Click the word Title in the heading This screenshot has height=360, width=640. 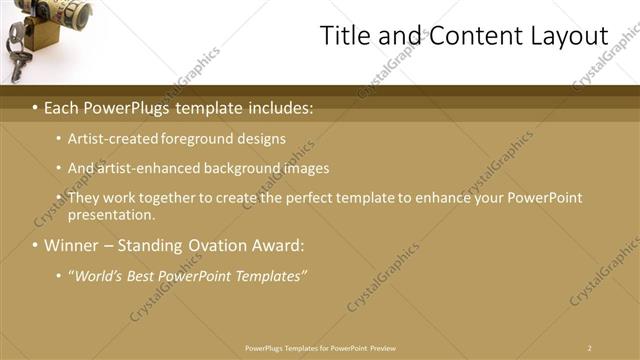(344, 36)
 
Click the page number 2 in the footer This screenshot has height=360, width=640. (589, 347)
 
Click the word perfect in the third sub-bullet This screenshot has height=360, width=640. (309, 198)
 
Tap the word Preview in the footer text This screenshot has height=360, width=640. (383, 347)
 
